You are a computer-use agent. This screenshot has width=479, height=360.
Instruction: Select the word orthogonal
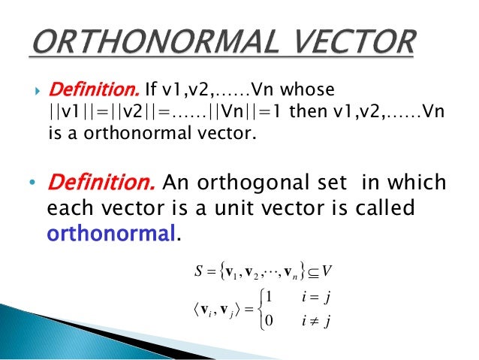pos(251,185)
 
